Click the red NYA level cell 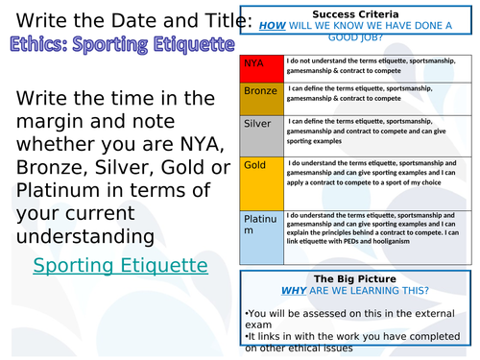[x=260, y=68]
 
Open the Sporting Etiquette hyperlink [x=120, y=265]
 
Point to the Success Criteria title [x=358, y=14]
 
